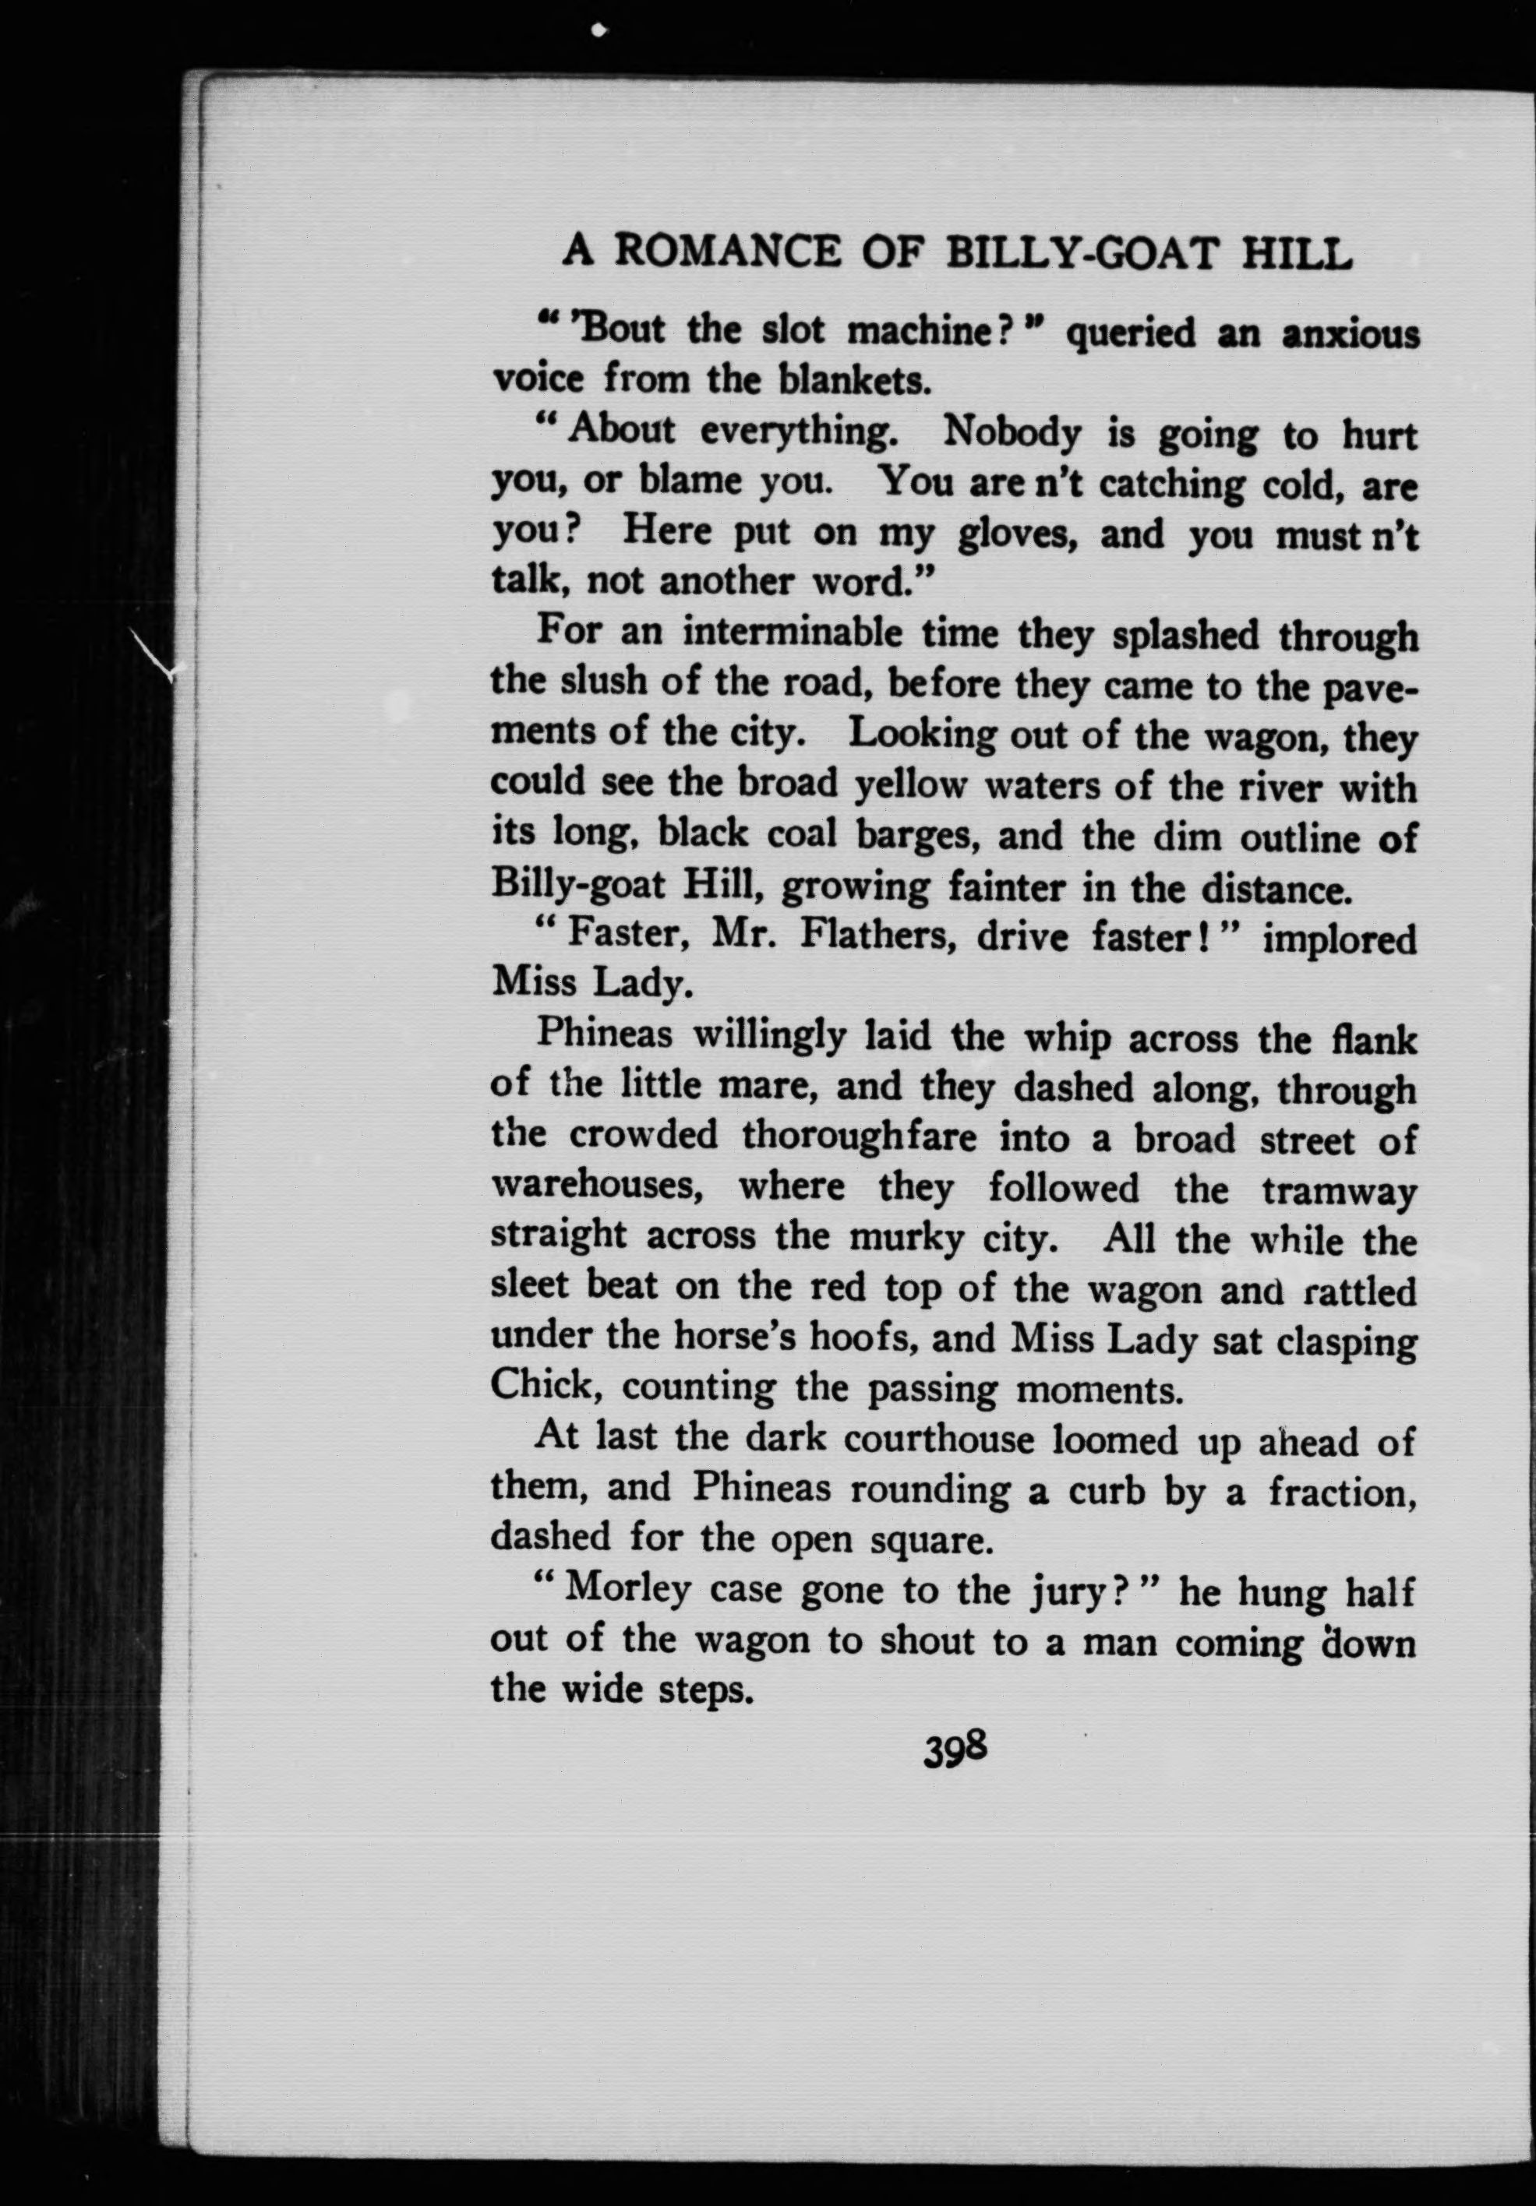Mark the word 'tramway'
point(1339,1191)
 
